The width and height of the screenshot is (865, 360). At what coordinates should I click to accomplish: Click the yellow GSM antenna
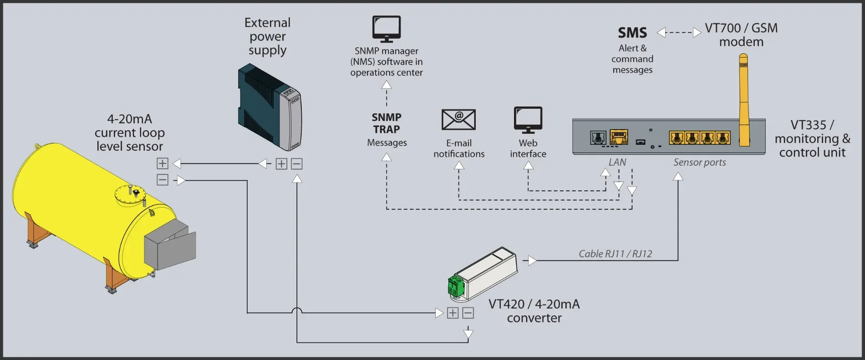tap(743, 100)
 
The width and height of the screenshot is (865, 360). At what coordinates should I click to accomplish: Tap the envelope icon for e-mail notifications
tap(458, 120)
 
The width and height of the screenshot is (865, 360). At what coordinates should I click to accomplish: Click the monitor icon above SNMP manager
tap(387, 29)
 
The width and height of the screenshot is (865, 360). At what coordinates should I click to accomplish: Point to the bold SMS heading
tap(632, 33)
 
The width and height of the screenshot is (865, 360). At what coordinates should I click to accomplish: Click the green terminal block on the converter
tap(456, 286)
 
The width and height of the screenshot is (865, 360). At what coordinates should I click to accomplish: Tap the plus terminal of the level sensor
tap(163, 163)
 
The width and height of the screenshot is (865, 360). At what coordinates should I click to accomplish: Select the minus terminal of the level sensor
tap(163, 180)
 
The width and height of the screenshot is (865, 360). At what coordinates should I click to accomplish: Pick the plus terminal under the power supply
tap(281, 164)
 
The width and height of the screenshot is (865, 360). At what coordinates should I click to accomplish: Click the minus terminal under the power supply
tap(297, 164)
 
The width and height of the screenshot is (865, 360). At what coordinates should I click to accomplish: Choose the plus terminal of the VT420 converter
tap(453, 313)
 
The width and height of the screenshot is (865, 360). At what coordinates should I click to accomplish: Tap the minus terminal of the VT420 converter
tap(468, 313)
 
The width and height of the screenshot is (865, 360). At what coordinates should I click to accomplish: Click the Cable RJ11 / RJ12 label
tap(615, 254)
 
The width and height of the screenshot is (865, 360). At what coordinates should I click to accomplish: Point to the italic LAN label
tap(617, 162)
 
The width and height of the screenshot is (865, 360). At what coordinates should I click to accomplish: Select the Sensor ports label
tap(699, 162)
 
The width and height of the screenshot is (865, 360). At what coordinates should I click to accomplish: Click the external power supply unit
tap(270, 107)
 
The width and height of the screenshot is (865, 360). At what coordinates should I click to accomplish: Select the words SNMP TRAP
tap(387, 123)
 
